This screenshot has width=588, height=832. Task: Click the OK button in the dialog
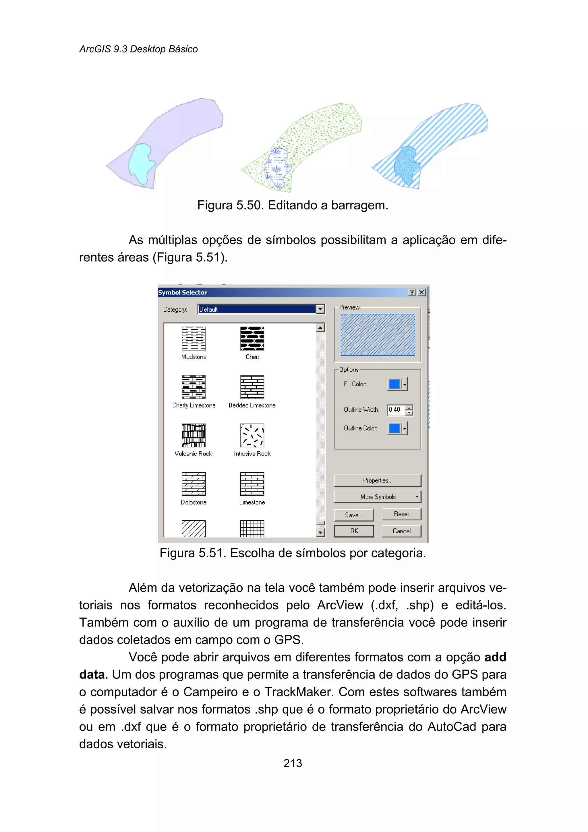click(354, 531)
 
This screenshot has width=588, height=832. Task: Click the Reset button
click(401, 514)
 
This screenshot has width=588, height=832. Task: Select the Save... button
click(354, 515)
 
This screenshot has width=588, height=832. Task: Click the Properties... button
click(378, 480)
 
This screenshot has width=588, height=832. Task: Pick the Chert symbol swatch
click(252, 339)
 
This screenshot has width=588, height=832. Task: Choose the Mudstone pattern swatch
click(194, 339)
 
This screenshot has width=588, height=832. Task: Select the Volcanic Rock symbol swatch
click(194, 435)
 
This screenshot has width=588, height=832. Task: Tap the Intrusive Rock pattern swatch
click(252, 435)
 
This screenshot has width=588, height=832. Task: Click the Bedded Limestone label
click(252, 405)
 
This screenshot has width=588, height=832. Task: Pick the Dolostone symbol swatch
click(194, 484)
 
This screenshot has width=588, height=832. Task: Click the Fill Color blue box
click(394, 384)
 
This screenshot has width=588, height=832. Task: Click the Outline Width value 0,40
click(395, 410)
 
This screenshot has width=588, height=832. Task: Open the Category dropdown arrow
click(320, 309)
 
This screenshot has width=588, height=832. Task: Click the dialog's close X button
click(421, 292)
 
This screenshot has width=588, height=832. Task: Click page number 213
click(293, 763)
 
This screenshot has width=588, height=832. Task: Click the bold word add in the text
click(495, 657)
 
